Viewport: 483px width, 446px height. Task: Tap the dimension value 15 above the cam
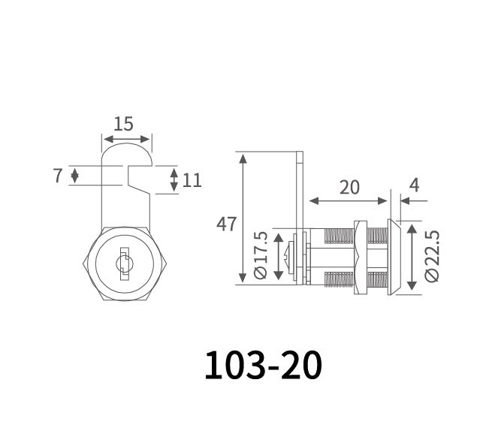point(125,124)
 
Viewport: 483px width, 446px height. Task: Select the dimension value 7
point(57,176)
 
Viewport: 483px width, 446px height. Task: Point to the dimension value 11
point(192,179)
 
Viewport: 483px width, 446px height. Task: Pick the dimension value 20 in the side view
point(349,186)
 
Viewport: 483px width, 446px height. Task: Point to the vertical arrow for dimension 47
point(243,218)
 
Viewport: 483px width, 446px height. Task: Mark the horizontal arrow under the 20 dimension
point(350,202)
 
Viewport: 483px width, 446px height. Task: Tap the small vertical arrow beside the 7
point(74,176)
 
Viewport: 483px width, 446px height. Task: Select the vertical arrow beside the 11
point(174,179)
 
